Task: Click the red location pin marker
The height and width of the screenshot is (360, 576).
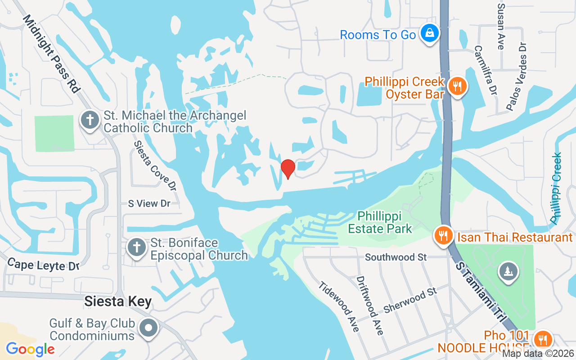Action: tap(288, 169)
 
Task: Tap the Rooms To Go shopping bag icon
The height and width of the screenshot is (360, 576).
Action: tap(430, 33)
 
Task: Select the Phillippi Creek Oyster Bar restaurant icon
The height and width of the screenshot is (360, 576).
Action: tap(458, 85)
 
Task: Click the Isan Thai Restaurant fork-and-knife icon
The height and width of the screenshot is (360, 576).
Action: tap(444, 235)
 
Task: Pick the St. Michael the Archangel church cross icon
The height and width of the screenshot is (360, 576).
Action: tap(90, 120)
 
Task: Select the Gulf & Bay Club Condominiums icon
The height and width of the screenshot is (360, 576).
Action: tap(149, 328)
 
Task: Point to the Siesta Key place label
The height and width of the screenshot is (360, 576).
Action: tap(118, 301)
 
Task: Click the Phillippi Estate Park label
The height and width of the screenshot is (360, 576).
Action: tap(380, 222)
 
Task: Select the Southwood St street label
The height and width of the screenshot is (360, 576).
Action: tap(396, 257)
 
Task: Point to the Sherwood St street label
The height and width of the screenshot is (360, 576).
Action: tap(410, 301)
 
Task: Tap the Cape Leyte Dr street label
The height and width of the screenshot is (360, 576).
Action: tap(43, 265)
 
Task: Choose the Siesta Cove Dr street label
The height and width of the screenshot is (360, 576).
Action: tap(155, 165)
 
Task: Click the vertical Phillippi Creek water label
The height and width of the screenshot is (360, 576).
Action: tap(557, 188)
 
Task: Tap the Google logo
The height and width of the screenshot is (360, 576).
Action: tap(30, 349)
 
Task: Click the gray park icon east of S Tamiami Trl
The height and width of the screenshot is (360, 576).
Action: tap(508, 271)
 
